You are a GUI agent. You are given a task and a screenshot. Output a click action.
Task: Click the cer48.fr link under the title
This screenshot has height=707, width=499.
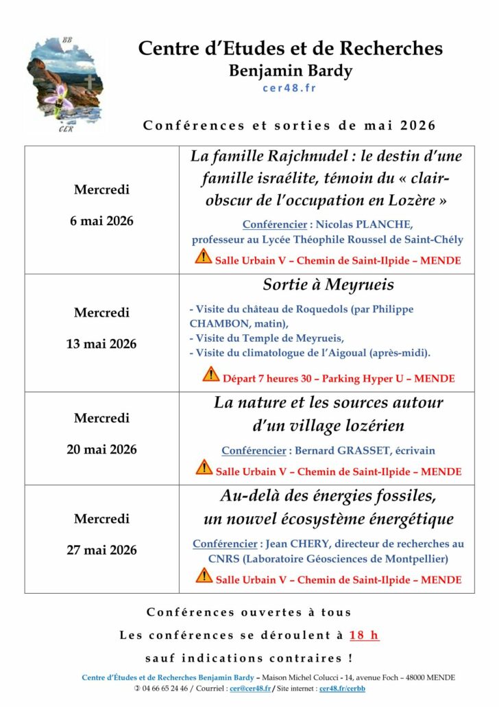289,87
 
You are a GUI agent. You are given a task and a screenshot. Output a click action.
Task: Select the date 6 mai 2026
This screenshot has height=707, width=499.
101,221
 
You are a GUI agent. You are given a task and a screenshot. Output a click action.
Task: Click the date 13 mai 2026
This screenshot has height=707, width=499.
101,344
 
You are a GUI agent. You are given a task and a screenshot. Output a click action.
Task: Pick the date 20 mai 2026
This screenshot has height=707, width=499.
101,450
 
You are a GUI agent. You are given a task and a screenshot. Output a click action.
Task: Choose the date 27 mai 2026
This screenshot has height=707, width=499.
101,550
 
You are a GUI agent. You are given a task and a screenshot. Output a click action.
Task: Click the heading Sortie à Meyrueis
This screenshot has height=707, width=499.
328,284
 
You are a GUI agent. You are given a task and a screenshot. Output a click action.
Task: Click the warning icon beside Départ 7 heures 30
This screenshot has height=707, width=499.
210,375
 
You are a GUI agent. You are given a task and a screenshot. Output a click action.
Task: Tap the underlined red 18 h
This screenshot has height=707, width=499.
363,635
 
